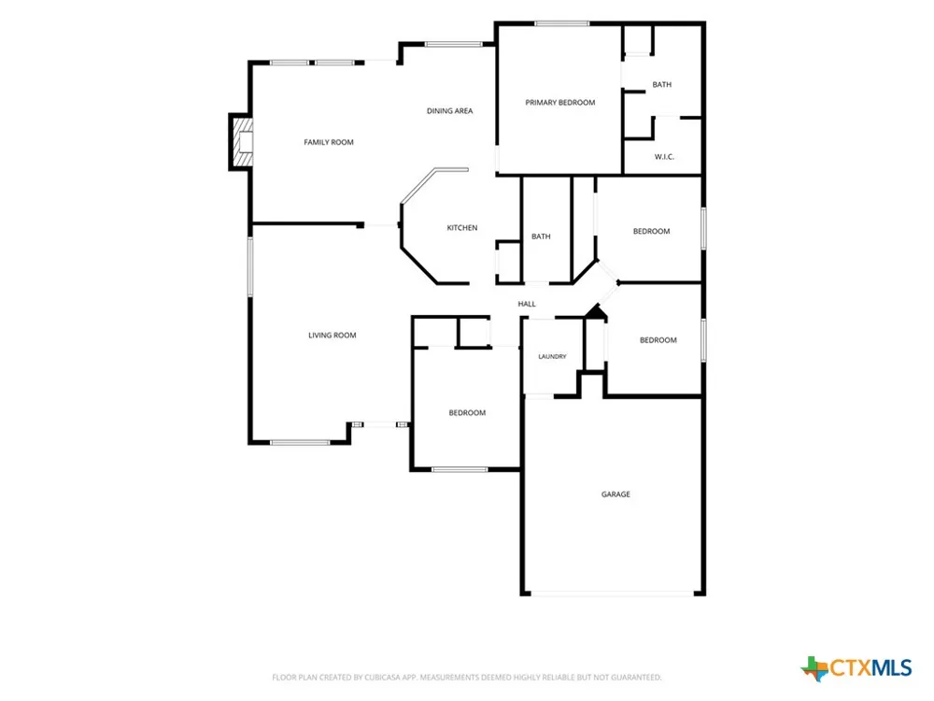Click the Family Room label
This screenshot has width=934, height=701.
pyautogui.click(x=329, y=142)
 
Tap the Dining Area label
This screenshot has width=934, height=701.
pyautogui.click(x=450, y=111)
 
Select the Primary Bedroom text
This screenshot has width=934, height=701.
pyautogui.click(x=559, y=103)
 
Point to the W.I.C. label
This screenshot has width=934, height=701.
pyautogui.click(x=664, y=157)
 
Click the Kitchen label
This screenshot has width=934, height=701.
pyautogui.click(x=462, y=228)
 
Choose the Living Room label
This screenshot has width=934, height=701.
pyautogui.click(x=333, y=335)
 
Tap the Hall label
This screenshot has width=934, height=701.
pyautogui.click(x=527, y=304)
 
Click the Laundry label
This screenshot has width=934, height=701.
pyautogui.click(x=552, y=356)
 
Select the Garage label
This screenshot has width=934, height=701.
pyautogui.click(x=616, y=494)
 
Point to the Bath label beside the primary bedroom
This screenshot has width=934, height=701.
pyautogui.click(x=662, y=85)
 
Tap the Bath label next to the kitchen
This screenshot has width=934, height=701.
pyautogui.click(x=541, y=236)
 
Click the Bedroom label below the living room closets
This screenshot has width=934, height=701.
pyautogui.click(x=467, y=412)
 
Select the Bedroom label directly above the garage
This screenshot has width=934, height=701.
pyautogui.click(x=658, y=340)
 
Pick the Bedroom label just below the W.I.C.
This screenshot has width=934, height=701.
pyautogui.click(x=652, y=231)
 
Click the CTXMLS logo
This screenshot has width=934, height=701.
pyautogui.click(x=856, y=667)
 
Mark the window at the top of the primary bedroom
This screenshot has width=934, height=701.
pyautogui.click(x=561, y=24)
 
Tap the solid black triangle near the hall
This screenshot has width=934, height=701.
pyautogui.click(x=596, y=310)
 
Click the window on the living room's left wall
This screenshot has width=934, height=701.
pyautogui.click(x=250, y=266)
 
